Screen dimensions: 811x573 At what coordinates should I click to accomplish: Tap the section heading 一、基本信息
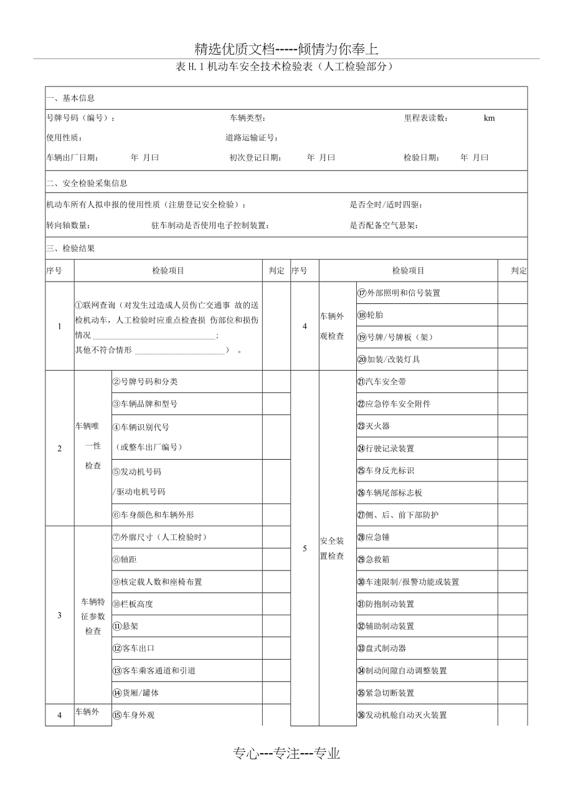pos(70,98)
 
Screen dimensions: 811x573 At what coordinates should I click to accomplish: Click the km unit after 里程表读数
pos(489,118)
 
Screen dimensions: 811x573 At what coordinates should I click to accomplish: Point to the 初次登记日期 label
pos(255,158)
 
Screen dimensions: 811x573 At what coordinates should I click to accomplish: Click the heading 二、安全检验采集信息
pos(87,183)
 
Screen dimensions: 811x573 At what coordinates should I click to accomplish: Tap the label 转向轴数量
pos(68,225)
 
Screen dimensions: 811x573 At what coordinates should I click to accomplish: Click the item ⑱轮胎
pos(371,315)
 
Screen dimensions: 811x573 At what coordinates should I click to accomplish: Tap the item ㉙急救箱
pos(374,559)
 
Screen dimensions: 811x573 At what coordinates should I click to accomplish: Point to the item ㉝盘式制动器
pos(381,648)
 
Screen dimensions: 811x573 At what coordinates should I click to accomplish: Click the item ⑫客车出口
pos(133,648)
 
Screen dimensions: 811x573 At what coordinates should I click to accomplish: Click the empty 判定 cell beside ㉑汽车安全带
pos(512,382)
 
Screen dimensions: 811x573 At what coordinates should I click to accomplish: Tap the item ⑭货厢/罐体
pos(136,693)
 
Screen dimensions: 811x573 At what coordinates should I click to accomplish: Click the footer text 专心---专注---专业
pos(286,754)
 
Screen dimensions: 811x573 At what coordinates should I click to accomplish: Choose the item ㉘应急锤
pos(374,537)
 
